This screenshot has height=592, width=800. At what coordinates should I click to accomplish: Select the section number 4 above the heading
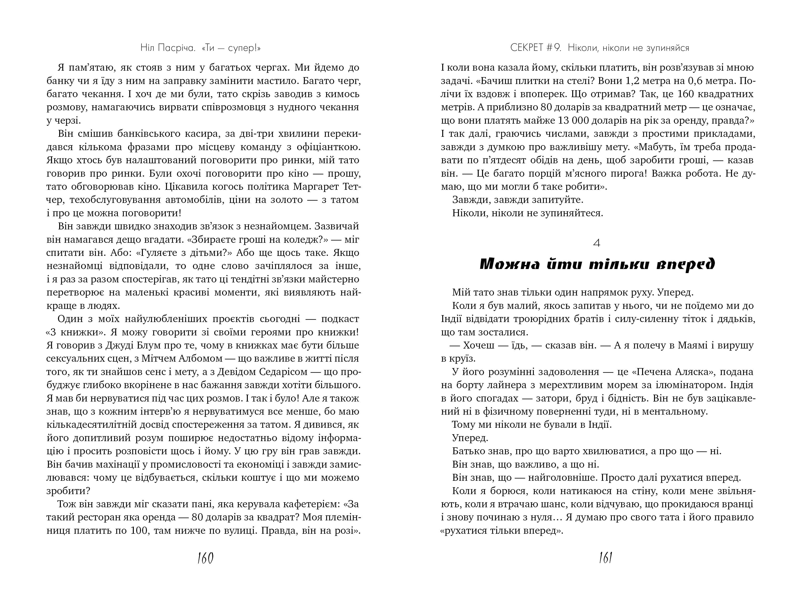[597, 243]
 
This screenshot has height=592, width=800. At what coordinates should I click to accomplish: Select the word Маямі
[689, 345]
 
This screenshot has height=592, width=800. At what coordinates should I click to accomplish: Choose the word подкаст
[340, 319]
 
